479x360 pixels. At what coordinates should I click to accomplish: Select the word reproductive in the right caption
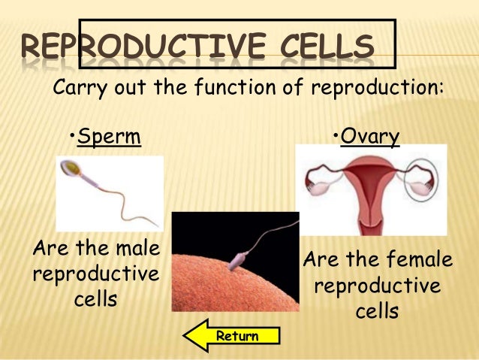tap(377, 286)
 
